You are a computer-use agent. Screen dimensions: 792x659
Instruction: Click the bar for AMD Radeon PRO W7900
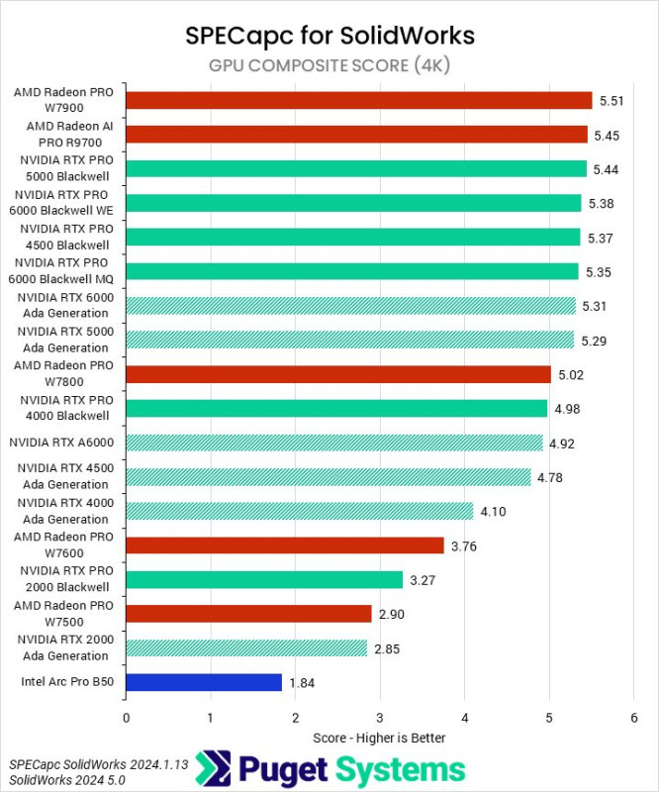358,100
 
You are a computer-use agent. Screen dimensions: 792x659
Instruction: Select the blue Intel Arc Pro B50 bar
204,682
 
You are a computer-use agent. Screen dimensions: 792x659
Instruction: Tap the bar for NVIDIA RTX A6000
334,443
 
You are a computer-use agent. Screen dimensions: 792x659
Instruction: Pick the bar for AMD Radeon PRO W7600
285,545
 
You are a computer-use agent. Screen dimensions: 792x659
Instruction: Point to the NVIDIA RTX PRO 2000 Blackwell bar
264,579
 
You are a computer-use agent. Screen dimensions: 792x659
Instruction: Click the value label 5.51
611,100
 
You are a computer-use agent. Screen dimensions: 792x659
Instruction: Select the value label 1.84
302,682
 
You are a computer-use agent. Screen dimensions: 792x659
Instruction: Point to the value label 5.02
570,374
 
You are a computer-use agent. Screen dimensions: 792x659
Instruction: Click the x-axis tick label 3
380,717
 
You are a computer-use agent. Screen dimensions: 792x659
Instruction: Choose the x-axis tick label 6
633,717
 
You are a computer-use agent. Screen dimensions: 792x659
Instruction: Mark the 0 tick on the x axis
126,717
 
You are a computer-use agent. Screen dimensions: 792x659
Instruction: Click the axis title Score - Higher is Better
379,738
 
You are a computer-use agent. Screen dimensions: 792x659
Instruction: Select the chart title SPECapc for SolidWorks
329,36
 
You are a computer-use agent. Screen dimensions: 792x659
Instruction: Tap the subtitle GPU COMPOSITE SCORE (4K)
329,66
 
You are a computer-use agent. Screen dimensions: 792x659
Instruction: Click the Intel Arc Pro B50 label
64,682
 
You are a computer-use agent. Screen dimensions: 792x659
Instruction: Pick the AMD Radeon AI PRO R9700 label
69,135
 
